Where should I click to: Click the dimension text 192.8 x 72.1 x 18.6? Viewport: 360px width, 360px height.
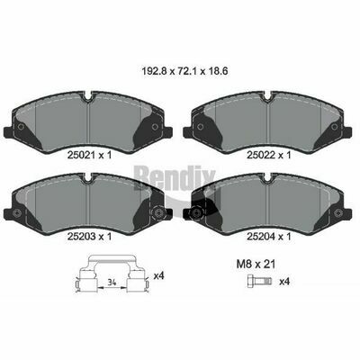(184, 72)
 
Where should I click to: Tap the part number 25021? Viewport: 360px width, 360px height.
(80, 155)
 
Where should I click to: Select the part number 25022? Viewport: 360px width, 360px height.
(259, 155)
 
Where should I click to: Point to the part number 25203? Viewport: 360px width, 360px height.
(80, 237)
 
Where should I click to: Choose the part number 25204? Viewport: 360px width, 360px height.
(259, 237)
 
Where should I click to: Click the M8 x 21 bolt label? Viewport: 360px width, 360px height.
(256, 265)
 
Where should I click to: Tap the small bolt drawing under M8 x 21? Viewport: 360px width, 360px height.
(260, 281)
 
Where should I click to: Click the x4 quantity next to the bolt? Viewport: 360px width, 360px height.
(284, 282)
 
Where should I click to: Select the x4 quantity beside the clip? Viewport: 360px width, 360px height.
(158, 275)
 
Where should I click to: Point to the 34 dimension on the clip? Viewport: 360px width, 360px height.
(112, 282)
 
